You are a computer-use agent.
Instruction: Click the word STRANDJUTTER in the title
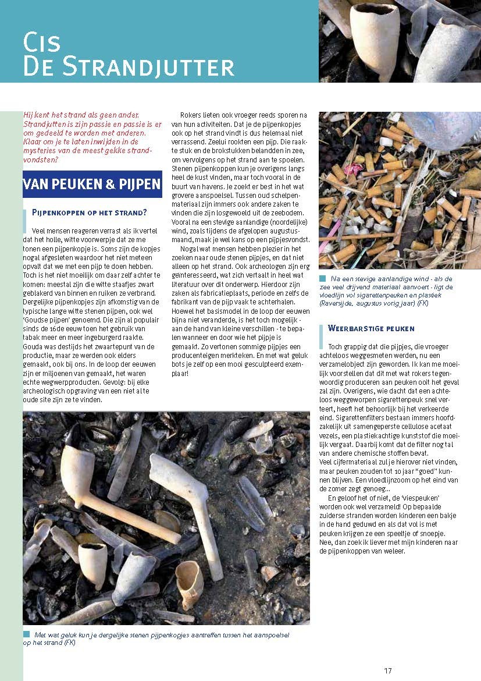coord(148,67)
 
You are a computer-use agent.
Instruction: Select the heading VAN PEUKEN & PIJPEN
coord(92,184)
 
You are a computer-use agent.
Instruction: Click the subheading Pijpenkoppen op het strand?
coord(89,212)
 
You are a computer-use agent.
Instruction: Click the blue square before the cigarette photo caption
coord(322,279)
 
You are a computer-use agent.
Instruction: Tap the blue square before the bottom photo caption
coord(26,634)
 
